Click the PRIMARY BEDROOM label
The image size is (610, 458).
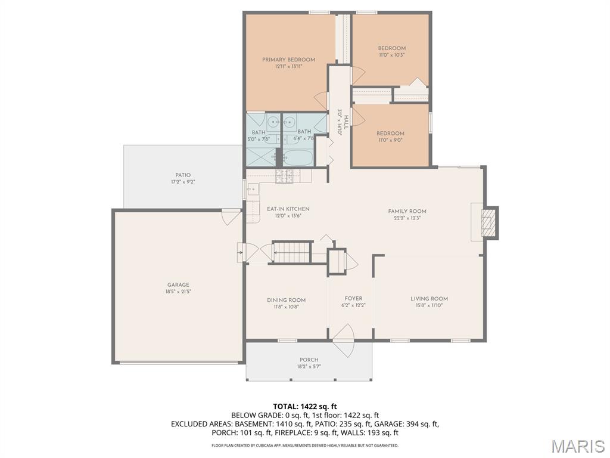(x=288, y=60)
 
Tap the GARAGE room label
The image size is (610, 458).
(x=178, y=285)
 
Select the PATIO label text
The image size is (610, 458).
(x=183, y=175)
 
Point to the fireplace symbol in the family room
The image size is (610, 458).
(x=488, y=222)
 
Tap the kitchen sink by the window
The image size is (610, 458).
(x=252, y=191)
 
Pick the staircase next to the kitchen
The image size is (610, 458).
(x=292, y=252)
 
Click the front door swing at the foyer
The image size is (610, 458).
(x=344, y=340)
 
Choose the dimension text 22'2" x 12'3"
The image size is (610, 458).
(x=407, y=218)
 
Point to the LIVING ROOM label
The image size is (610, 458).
(x=429, y=299)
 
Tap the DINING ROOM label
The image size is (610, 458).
(x=286, y=300)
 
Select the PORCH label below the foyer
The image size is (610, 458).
(x=309, y=360)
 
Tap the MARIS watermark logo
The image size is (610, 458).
(x=577, y=445)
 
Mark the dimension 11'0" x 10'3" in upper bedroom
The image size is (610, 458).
(x=391, y=55)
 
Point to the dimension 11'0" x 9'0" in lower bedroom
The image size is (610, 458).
(x=390, y=140)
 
